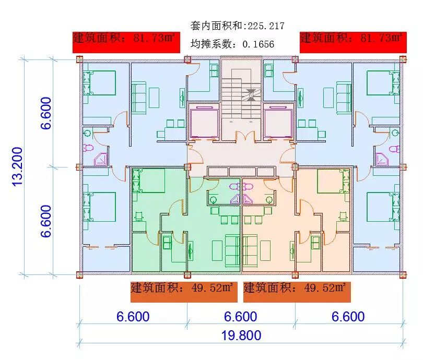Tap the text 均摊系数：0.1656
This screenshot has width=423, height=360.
click(232, 44)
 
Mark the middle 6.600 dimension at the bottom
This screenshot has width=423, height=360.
click(240, 317)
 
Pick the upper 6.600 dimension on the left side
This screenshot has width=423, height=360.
click(46, 112)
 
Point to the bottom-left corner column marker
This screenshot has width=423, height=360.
click(79, 274)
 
